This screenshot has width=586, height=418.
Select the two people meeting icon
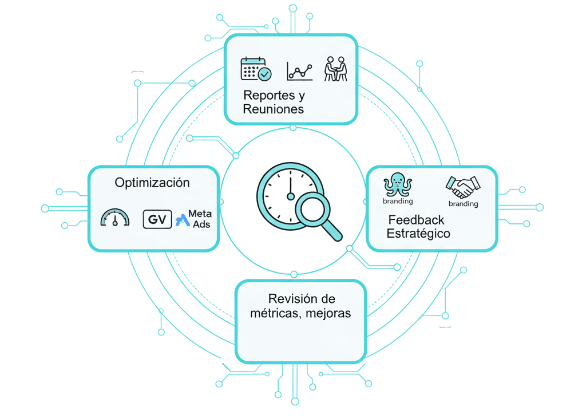[x=335, y=68]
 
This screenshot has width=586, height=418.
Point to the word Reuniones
[x=273, y=109]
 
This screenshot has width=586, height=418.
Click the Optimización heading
[x=152, y=183]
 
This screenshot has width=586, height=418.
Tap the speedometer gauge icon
[x=115, y=218]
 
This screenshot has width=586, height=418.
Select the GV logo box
[x=157, y=219]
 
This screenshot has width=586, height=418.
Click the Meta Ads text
[x=200, y=219]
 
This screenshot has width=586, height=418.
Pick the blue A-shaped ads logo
[x=182, y=219]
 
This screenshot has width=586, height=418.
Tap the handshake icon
[x=463, y=186]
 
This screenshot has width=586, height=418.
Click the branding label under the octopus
[x=398, y=201]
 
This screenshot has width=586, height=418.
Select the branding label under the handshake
[x=463, y=204]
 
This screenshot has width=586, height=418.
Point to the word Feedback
[x=416, y=220]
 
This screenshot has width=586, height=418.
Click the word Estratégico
[x=418, y=234]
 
